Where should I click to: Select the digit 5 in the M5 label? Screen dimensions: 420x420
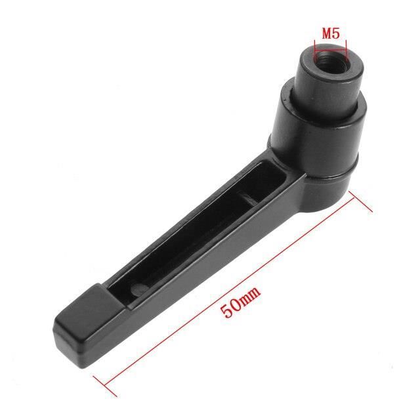click(x=337, y=33)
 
